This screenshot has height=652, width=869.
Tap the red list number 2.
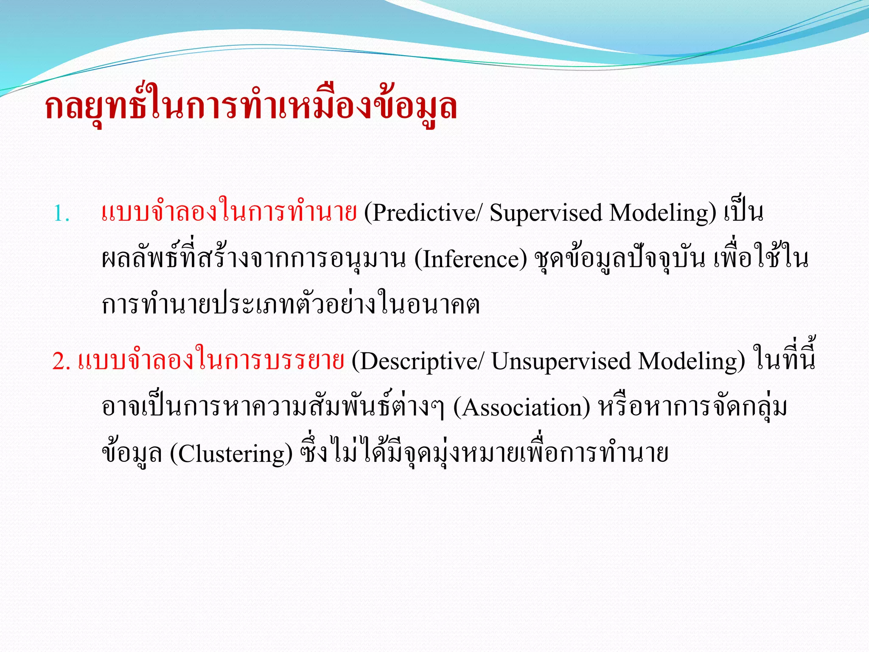coord(61,362)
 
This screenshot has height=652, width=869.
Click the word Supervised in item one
coord(546,214)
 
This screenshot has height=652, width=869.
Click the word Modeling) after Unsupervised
coord(692,362)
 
